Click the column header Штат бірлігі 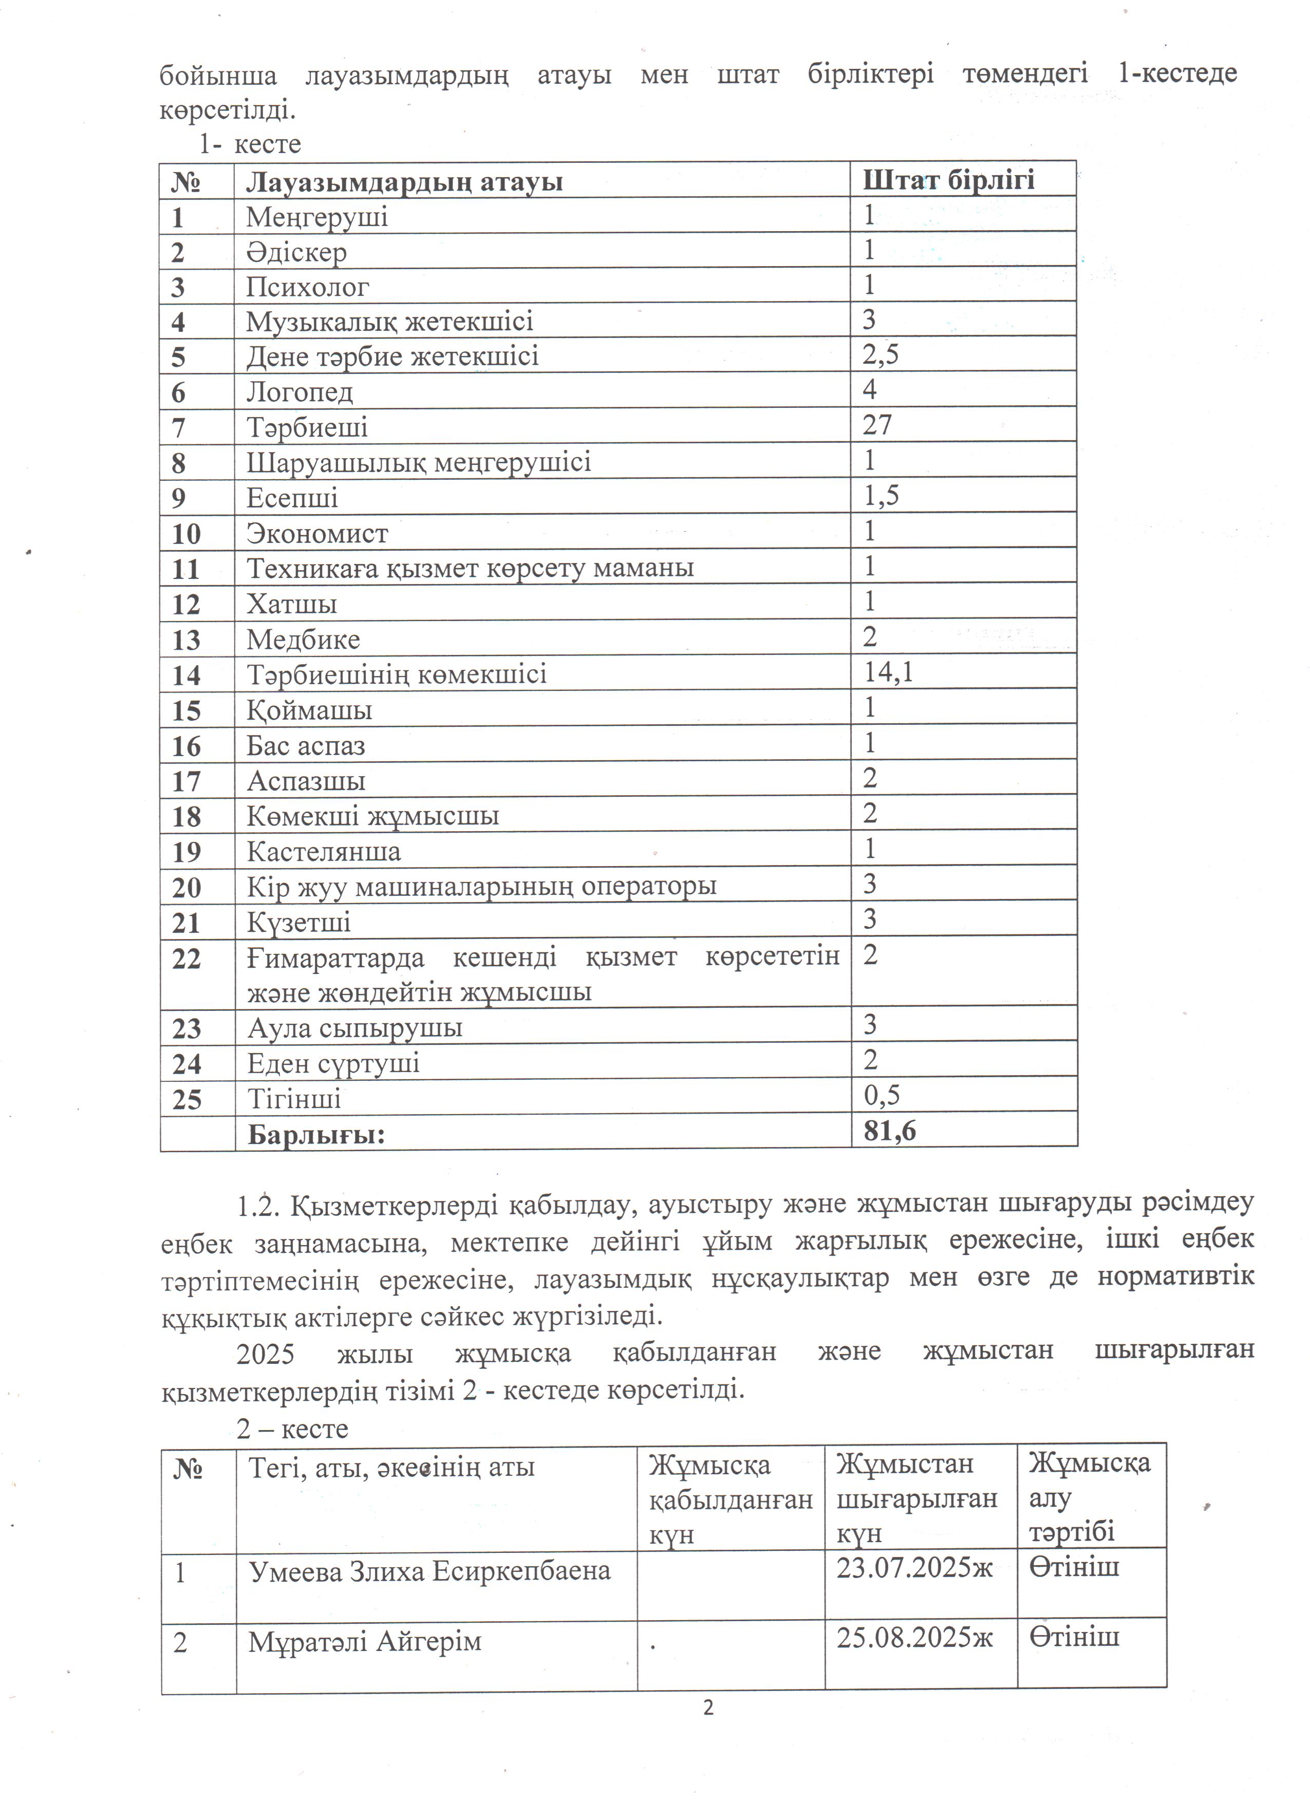pos(948,180)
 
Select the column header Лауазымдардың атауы pos(404,182)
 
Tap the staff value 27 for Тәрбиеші pos(877,425)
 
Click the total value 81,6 pos(890,1130)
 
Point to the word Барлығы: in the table pos(316,1134)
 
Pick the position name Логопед pos(300,392)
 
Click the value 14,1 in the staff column pos(888,672)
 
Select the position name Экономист pos(317,533)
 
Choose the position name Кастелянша pos(323,852)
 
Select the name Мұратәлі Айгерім pos(365,1641)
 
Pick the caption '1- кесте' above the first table pos(250,145)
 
